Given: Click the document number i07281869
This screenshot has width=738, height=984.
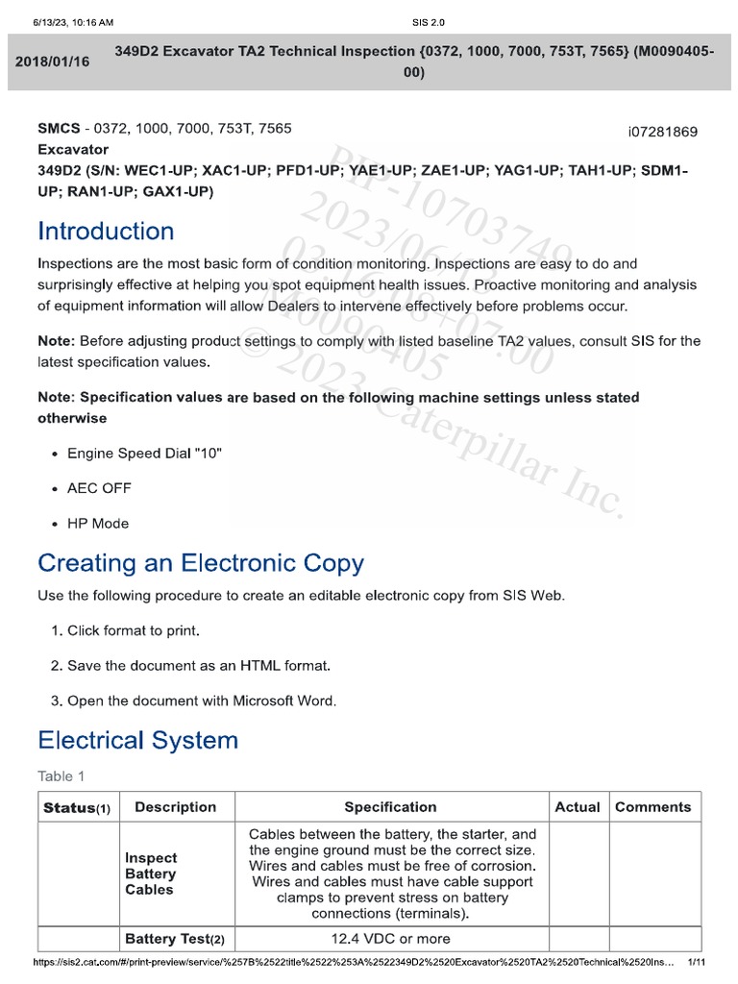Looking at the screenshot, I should (x=662, y=132).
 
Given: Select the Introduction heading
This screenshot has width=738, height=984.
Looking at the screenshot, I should (x=106, y=231).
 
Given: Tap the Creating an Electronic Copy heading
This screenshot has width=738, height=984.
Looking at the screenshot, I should (x=200, y=562).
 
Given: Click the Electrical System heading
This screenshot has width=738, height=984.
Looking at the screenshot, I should (x=137, y=740).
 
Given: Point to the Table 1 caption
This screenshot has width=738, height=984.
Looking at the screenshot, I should (x=61, y=775).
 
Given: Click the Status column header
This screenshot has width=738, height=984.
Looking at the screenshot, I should (x=77, y=807).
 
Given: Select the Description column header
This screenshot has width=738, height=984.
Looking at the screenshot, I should (x=176, y=807).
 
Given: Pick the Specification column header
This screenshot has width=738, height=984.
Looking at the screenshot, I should (x=390, y=807).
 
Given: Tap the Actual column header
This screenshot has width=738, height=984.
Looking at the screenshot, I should (x=578, y=807).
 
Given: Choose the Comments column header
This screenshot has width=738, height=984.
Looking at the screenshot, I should (x=652, y=807).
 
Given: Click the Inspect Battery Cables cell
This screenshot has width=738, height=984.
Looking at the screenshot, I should (x=151, y=873).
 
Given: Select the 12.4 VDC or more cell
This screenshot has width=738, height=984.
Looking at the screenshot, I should (x=390, y=938).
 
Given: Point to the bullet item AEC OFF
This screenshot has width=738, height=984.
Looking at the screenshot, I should (x=99, y=488).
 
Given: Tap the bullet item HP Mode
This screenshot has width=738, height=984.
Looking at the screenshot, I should (x=97, y=524).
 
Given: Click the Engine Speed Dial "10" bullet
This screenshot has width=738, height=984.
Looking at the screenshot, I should (x=144, y=453).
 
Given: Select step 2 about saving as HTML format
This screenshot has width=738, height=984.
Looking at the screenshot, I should (x=203, y=665).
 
